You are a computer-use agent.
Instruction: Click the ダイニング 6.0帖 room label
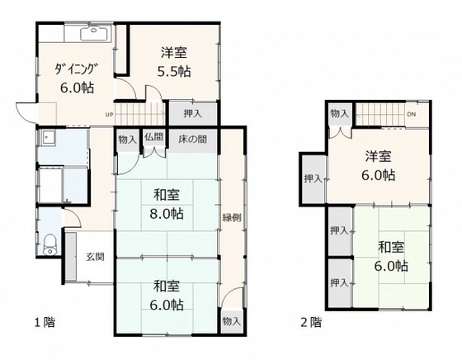click(x=76, y=78)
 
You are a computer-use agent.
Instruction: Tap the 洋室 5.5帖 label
click(x=174, y=62)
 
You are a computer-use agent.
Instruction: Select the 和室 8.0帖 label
click(x=167, y=204)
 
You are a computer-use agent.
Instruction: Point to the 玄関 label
click(x=95, y=257)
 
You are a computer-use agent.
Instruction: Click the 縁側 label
click(x=232, y=218)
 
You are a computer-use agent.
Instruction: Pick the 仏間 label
click(x=153, y=137)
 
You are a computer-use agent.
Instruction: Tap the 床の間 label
click(x=192, y=140)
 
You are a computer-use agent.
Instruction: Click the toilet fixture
click(x=49, y=244)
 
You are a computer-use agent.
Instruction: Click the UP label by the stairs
click(x=109, y=115)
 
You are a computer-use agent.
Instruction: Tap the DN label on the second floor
click(x=412, y=115)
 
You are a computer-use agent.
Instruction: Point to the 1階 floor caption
click(x=45, y=322)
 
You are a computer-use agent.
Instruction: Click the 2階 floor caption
click(x=311, y=322)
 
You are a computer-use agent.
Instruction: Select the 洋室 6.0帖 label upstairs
click(x=379, y=166)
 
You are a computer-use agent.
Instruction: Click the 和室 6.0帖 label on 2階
click(x=391, y=256)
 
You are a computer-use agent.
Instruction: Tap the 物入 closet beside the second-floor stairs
click(x=340, y=113)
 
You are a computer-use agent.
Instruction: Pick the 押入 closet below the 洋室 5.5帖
click(x=193, y=113)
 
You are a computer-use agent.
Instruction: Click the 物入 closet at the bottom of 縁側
click(x=232, y=321)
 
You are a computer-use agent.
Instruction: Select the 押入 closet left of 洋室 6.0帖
click(x=313, y=178)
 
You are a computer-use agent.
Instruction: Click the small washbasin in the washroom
click(x=47, y=137)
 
